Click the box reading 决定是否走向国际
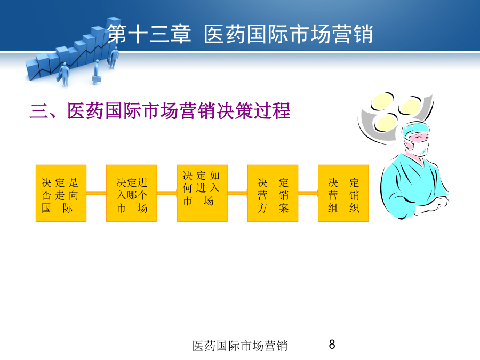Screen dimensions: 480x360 click(x=61, y=193)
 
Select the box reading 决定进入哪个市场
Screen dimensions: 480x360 click(x=132, y=193)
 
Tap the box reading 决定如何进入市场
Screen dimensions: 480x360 click(x=202, y=193)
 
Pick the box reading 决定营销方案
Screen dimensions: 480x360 click(x=273, y=193)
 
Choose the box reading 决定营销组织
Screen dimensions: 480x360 click(x=343, y=193)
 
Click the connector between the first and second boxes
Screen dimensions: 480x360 click(x=97, y=193)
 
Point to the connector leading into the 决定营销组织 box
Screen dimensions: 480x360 click(x=308, y=193)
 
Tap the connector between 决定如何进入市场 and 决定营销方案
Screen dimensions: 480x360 click(x=237, y=193)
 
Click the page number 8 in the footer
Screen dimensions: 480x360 click(x=332, y=345)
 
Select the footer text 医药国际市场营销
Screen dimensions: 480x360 click(x=240, y=346)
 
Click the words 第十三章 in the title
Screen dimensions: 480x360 click(x=149, y=34)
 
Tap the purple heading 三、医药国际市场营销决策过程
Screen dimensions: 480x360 click(x=160, y=110)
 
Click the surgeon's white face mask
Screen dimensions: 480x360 click(x=418, y=148)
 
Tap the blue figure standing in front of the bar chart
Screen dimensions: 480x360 click(x=64, y=74)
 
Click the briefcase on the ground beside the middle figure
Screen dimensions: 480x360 click(x=97, y=79)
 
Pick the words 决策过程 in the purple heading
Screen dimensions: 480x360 click(x=253, y=110)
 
